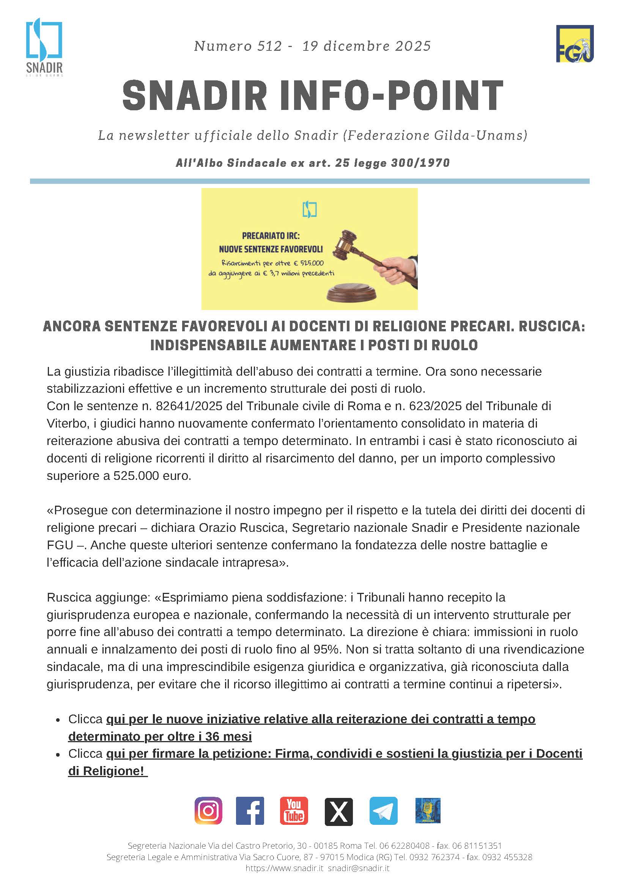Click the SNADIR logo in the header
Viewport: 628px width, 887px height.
click(x=44, y=46)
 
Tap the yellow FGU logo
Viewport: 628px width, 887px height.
click(x=574, y=44)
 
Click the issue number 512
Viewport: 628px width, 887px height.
click(x=269, y=46)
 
